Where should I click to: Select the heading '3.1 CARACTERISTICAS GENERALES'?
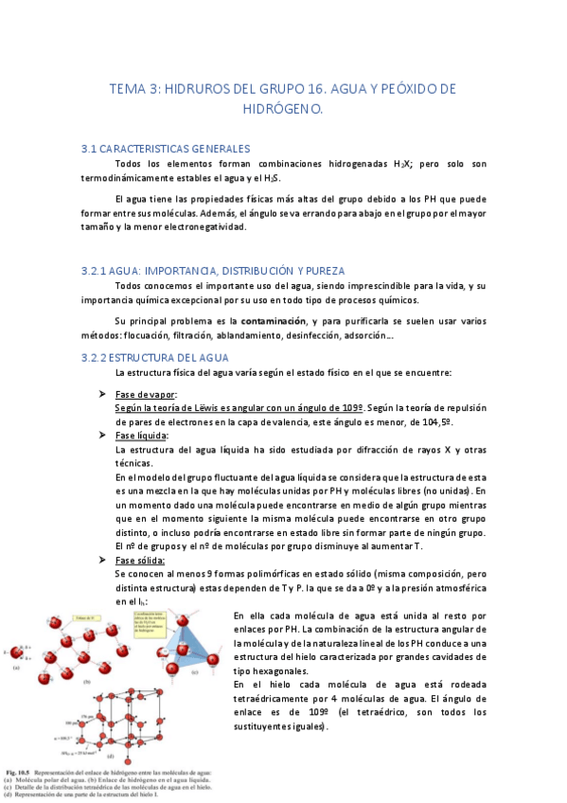point(166,149)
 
